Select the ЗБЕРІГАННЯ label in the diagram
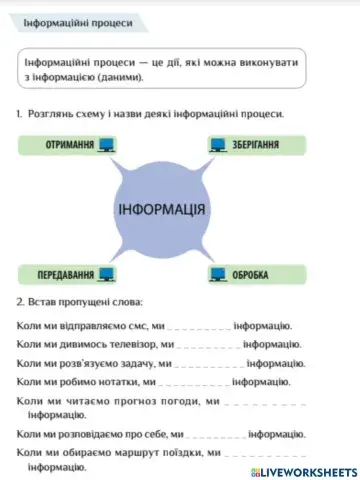click(256, 146)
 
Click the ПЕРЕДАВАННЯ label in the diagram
click(66, 272)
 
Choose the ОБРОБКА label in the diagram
click(251, 272)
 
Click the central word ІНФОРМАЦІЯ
click(163, 210)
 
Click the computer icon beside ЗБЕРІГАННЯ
click(218, 146)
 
